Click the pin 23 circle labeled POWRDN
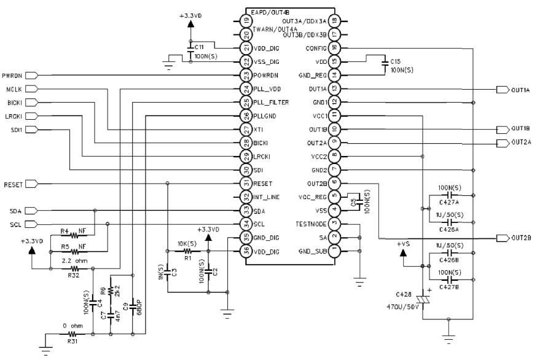(x=246, y=76)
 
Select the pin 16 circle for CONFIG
(x=334, y=48)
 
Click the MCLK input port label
(x=14, y=89)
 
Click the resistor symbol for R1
(x=187, y=251)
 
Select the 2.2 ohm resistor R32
(x=74, y=268)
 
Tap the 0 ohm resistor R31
(x=74, y=334)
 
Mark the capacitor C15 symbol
(x=385, y=61)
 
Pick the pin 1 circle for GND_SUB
(x=334, y=251)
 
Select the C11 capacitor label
(x=199, y=47)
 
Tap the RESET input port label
(x=14, y=184)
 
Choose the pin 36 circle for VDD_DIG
(x=246, y=251)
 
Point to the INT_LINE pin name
(x=267, y=197)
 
